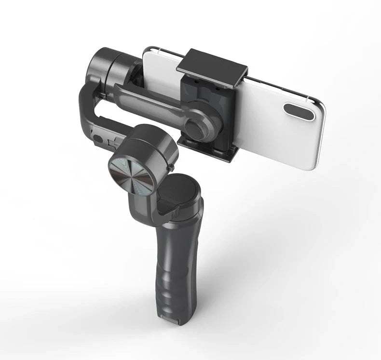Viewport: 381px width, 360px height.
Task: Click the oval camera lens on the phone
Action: point(299,111)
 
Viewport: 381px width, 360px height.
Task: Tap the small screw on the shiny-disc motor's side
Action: point(172,167)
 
